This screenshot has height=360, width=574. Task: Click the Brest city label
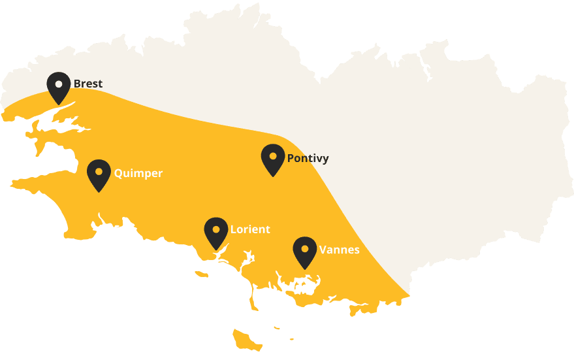88,84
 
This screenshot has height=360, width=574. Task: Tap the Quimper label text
138,173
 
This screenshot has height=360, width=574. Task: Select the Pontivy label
308,158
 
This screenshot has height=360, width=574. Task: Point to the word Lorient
250,229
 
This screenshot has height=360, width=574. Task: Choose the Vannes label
339,250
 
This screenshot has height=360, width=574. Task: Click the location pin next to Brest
59,87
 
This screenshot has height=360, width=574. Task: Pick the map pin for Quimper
99,174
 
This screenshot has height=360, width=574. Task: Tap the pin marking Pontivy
272,159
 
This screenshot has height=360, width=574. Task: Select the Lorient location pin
216,232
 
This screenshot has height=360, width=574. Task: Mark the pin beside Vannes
304,252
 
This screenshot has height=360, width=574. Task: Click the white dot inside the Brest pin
59,84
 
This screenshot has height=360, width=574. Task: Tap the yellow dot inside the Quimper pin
99,171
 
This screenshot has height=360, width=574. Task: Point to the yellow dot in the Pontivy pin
272,156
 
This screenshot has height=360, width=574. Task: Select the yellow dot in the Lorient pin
216,229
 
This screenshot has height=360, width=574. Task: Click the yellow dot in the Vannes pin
304,248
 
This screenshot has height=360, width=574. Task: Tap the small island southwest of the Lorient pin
202,274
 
